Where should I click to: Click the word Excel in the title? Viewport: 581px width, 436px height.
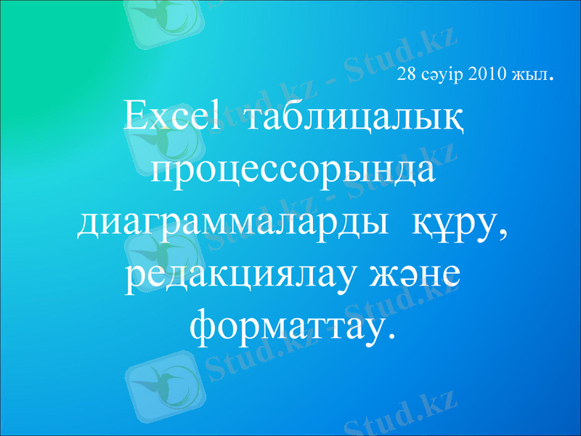click(x=171, y=118)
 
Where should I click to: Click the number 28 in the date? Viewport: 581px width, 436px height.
click(x=406, y=75)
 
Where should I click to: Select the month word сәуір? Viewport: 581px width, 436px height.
click(x=442, y=75)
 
